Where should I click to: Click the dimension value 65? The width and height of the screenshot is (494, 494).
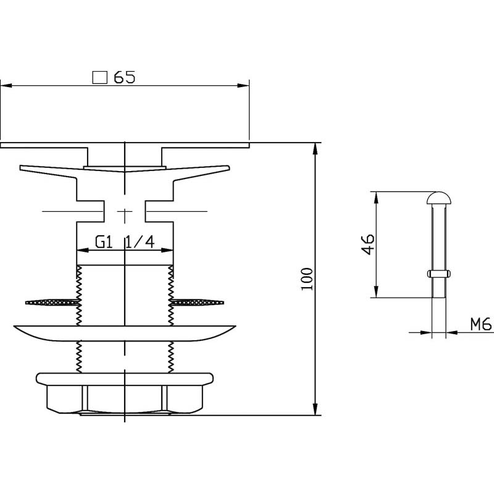[125, 77]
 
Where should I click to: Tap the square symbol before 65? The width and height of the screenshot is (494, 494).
[100, 78]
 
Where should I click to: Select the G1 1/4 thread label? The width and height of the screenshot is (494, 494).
[125, 242]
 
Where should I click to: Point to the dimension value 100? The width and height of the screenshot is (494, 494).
[306, 279]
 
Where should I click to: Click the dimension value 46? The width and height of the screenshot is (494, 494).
[367, 244]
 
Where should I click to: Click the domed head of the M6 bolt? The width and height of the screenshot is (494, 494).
[438, 198]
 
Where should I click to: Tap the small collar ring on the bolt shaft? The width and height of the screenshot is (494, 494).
[438, 274]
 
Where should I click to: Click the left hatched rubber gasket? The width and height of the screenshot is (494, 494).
[52, 303]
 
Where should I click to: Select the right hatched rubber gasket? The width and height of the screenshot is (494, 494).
[197, 303]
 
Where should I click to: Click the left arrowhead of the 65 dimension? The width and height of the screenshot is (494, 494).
[6, 85]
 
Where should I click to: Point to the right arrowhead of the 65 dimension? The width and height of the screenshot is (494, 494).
[243, 85]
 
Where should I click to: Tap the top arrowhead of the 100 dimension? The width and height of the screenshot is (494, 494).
[315, 149]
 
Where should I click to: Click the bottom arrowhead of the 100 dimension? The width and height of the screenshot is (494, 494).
[315, 409]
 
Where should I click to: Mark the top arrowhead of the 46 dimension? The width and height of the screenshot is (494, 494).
[376, 198]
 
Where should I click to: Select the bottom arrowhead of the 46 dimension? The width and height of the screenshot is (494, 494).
[376, 291]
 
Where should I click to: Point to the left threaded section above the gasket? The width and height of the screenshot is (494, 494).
[79, 282]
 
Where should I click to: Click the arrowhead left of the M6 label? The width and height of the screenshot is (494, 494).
[426, 332]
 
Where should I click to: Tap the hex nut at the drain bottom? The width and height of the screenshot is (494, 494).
[125, 399]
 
